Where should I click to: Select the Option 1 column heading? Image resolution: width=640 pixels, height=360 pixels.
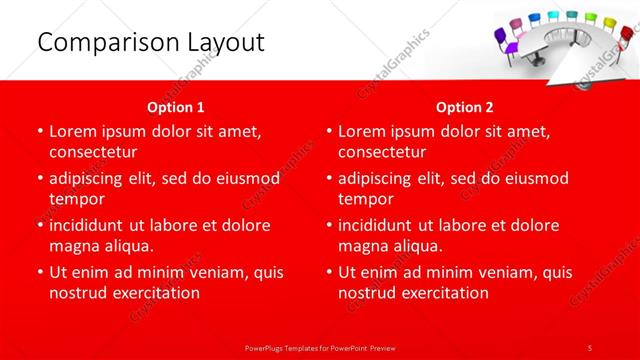[x=176, y=106]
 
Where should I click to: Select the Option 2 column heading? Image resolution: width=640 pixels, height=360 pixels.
[x=465, y=106]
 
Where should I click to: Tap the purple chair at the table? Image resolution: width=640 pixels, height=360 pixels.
[x=502, y=40]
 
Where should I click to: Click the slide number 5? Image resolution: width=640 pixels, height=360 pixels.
[x=590, y=347]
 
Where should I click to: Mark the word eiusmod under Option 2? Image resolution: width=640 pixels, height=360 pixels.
[x=533, y=178]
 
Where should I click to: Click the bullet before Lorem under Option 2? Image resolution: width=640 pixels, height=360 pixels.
[x=328, y=131]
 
